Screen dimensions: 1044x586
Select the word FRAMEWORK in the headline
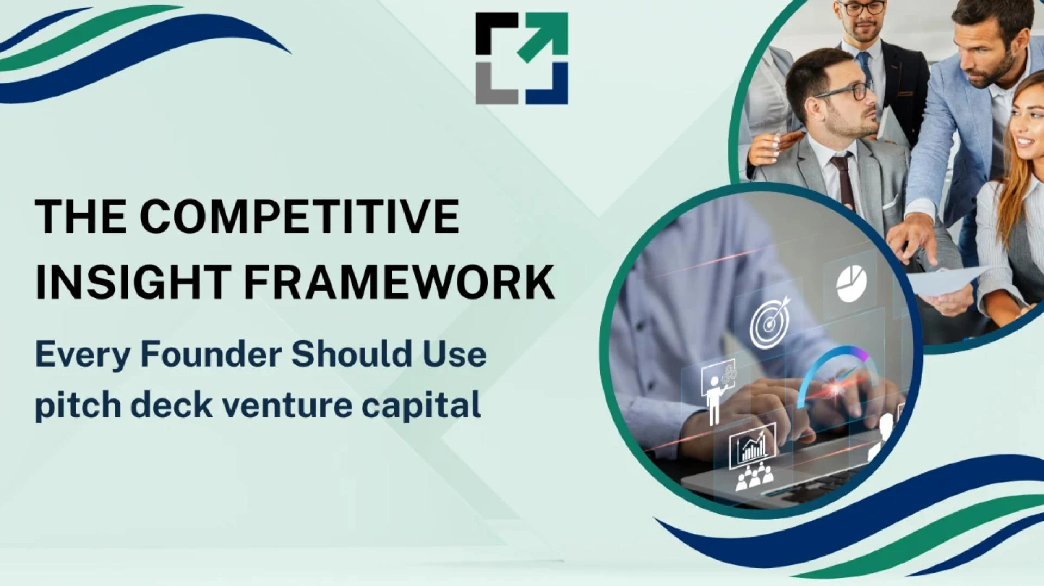400,281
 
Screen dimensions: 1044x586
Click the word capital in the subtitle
421,406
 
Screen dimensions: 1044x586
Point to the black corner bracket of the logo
492,30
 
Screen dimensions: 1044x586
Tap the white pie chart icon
851,283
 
